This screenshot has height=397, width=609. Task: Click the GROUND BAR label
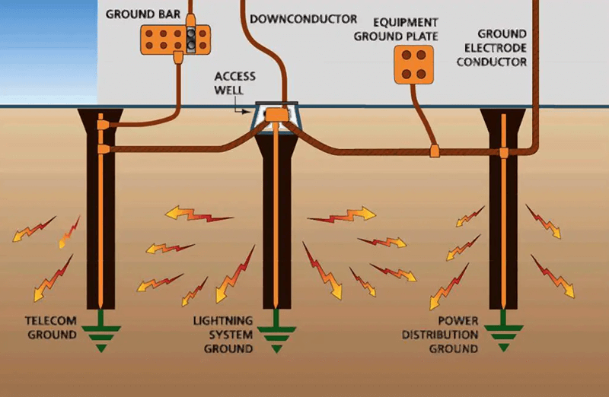click(137, 14)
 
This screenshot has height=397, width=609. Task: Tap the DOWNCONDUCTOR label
click(302, 18)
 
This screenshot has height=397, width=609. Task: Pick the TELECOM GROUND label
click(52, 328)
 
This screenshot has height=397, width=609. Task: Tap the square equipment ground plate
click(413, 65)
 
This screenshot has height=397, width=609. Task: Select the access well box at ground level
click(277, 116)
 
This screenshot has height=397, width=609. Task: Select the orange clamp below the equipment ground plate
click(435, 150)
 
